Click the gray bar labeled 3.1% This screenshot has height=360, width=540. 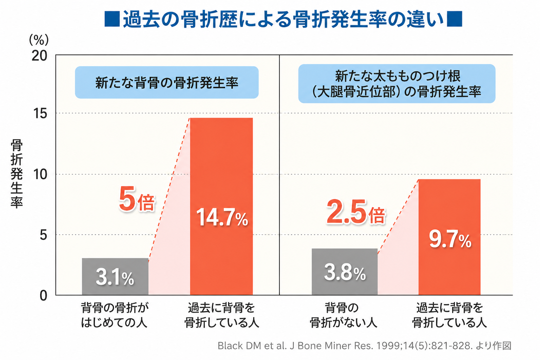pos(115,276)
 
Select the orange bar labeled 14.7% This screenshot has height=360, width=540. pos(221,206)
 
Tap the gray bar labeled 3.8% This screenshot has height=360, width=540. pos(345,272)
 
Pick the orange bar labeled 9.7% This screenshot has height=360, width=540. pos(449,237)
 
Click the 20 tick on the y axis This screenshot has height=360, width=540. pos(39,56)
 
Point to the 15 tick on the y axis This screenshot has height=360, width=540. pos(40,113)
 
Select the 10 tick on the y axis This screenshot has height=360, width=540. pos(40,174)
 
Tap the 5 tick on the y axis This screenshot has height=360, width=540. pos(43,234)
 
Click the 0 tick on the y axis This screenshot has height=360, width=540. pos(43,296)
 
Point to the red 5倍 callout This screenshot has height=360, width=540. pos(137,199)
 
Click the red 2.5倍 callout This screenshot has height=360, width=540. pos(356,212)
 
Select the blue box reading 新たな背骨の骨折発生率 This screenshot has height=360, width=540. pos(167,83)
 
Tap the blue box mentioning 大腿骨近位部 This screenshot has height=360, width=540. pos(397,84)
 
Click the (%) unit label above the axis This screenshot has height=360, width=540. pos(39,40)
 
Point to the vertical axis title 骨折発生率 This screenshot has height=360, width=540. pos(17,173)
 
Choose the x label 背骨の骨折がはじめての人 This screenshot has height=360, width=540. pos(115,315)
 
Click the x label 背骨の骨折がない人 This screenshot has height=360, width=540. pos(343,315)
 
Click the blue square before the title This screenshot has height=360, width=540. pos(112,19)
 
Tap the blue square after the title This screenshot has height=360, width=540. pos(455,19)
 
